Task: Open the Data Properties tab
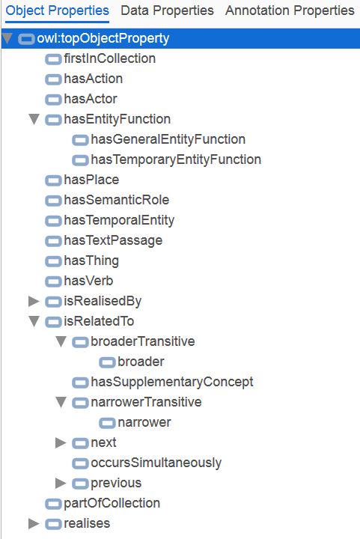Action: coord(167,10)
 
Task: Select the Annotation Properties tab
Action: coord(290,10)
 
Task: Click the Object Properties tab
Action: coord(58,11)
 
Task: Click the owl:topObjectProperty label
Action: coord(103,38)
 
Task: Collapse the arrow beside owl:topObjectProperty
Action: coord(7,38)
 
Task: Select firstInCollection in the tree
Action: coord(109,58)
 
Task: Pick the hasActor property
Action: coord(91,99)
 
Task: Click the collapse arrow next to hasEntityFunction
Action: coord(34,119)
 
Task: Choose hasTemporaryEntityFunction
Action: coord(176,159)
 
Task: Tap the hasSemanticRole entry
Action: coord(117,200)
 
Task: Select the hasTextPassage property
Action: coord(113,240)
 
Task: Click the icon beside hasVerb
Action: coord(53,281)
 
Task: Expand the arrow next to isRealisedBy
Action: coord(34,301)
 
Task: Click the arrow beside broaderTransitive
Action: coord(61,341)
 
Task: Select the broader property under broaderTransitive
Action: coord(141,362)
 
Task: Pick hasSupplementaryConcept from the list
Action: coord(171,382)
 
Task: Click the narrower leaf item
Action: coord(144,422)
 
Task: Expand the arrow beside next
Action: coord(61,442)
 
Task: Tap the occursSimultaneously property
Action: coord(156,463)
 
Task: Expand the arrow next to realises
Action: coord(34,523)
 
